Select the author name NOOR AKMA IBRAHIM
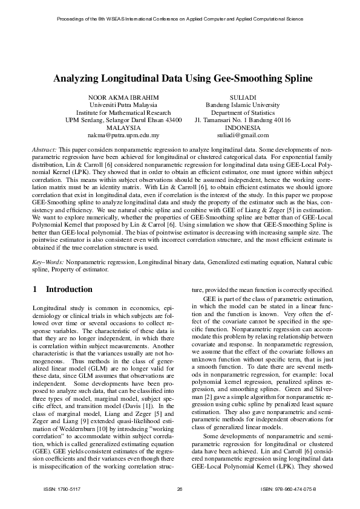[123, 97]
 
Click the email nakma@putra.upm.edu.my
[123, 136]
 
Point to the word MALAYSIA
[123, 128]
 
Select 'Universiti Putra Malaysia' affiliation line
[123, 105]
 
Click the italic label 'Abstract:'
[44, 149]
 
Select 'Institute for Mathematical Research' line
[123, 112]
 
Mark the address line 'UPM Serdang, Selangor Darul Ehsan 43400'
[123, 120]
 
